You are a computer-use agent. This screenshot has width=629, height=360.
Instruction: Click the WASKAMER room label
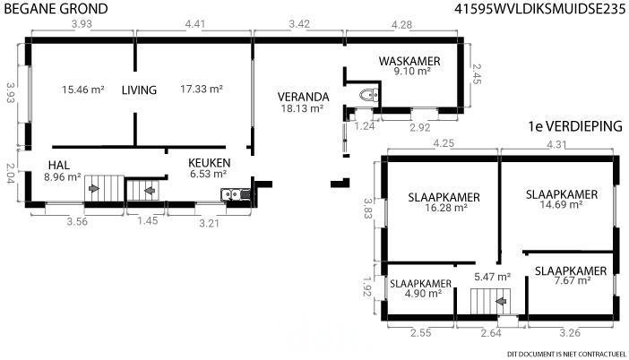409,61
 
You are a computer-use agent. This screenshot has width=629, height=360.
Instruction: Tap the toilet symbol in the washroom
369,95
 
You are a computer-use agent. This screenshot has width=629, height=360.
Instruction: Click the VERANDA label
303,97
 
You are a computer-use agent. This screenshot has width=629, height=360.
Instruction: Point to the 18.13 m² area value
302,108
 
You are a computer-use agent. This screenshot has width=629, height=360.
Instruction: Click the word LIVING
139,90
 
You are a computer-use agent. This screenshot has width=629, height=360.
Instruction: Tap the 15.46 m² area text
83,90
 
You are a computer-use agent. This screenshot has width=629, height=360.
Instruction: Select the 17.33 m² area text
202,89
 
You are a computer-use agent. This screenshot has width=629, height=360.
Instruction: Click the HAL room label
59,165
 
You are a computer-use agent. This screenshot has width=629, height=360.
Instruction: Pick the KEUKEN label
210,163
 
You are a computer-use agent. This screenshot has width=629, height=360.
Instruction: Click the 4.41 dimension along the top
195,24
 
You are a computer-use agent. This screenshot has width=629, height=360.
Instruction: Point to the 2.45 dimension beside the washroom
476,74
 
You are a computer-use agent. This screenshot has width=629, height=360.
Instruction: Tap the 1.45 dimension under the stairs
147,220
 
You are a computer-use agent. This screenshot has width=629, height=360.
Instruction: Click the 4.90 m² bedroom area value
423,294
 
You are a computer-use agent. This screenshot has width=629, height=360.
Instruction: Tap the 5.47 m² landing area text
492,277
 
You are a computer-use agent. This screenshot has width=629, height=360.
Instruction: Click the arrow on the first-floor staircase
501,301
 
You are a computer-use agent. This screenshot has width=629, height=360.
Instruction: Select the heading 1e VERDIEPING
575,126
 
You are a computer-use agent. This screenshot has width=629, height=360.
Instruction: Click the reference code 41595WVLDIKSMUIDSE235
540,9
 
